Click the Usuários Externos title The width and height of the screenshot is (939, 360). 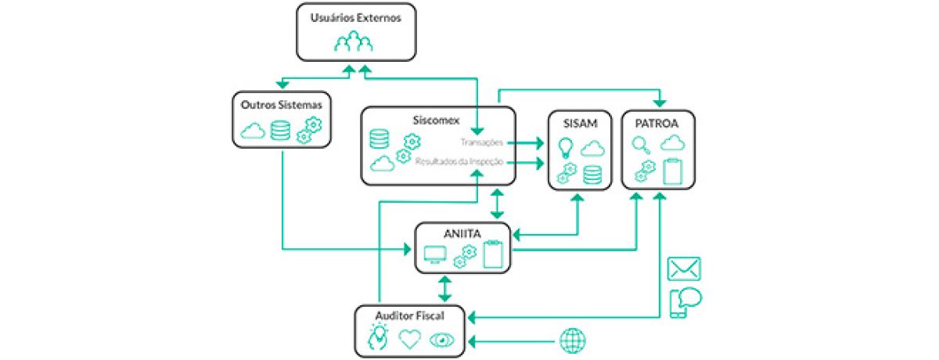355,16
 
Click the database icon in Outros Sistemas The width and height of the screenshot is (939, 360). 280,130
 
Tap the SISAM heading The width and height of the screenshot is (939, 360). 579,124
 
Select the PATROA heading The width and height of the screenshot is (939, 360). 658,124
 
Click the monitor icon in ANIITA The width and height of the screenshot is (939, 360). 434,254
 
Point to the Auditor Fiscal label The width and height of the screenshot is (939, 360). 409,315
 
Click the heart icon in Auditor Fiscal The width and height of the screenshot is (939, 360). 410,339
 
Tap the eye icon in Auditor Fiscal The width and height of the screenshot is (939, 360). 442,340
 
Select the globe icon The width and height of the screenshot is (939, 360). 572,340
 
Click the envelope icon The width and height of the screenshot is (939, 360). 684,268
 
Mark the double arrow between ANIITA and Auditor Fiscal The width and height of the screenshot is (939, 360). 445,287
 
